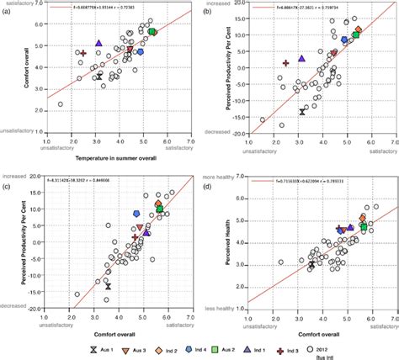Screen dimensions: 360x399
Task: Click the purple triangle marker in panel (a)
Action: point(98,43)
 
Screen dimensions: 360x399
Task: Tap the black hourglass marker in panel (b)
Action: point(303,110)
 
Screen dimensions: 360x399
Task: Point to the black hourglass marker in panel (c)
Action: point(108,287)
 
